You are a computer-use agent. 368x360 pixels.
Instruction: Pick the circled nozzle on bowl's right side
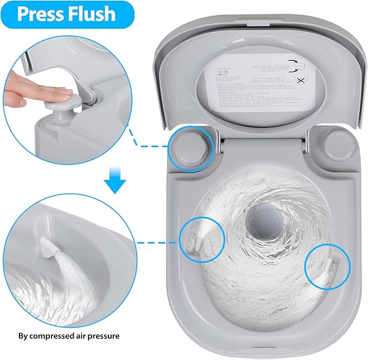pos(328,265)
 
